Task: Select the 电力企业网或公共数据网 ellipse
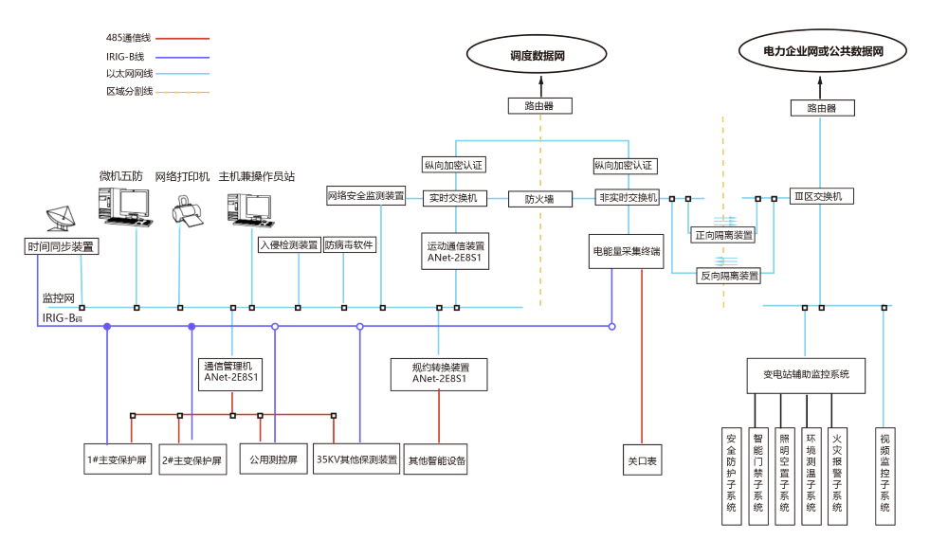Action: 822,52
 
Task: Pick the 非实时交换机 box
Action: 627,198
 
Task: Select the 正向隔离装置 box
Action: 723,235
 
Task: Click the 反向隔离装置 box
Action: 729,276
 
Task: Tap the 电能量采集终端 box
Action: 627,252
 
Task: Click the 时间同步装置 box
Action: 63,246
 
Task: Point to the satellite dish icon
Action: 63,219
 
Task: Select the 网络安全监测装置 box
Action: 366,197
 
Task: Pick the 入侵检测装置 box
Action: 289,244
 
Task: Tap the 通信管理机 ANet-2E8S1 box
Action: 232,371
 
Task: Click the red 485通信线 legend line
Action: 182,39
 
